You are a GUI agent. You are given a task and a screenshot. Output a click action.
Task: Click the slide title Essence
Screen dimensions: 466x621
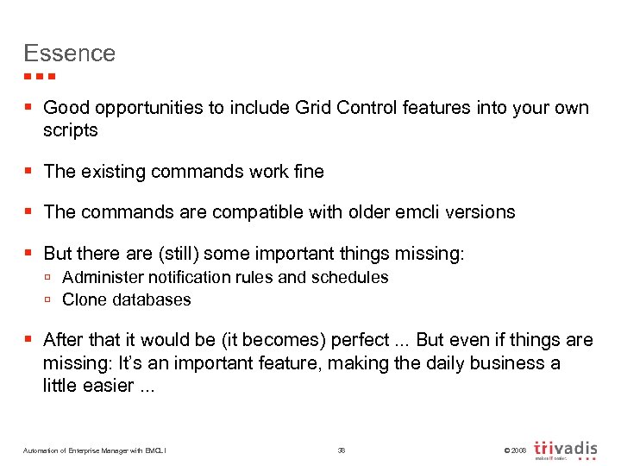tap(69, 54)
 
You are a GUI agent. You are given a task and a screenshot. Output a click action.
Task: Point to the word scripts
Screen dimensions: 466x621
tap(71, 131)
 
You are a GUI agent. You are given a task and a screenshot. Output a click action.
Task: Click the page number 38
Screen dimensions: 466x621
tap(341, 450)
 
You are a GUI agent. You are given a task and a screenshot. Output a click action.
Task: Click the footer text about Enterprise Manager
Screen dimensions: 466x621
tap(95, 450)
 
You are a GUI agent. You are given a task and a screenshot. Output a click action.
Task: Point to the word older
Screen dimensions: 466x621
tap(356, 212)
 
